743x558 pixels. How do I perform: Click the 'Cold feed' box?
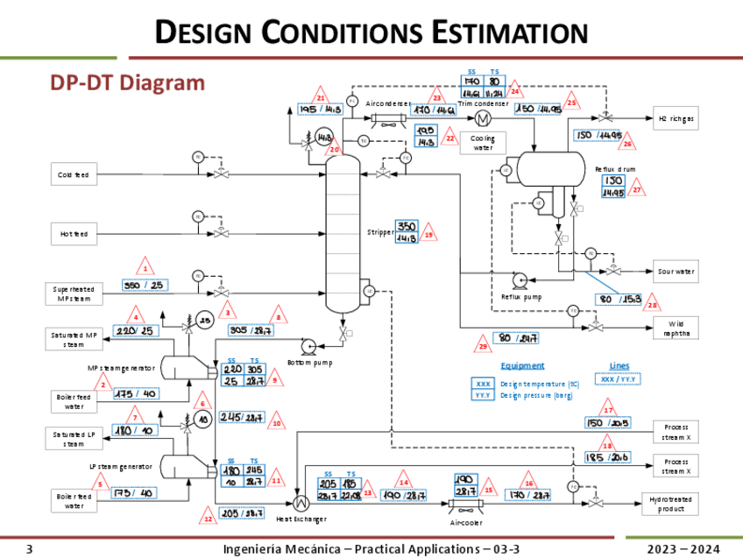(x=74, y=175)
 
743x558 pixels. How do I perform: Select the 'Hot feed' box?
(x=74, y=234)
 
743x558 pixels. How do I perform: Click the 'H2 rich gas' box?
(x=676, y=118)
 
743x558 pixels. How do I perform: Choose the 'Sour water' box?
(x=676, y=272)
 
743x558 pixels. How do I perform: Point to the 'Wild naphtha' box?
(x=676, y=328)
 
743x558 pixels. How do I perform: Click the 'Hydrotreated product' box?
(x=676, y=504)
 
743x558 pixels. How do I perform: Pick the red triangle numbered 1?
(x=146, y=266)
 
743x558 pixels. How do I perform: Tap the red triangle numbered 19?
(x=428, y=234)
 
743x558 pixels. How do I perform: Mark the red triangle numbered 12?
(x=209, y=518)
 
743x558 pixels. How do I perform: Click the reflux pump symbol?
(x=520, y=280)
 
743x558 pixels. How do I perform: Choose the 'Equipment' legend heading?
(x=522, y=365)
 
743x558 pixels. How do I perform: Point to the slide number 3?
(x=29, y=549)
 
